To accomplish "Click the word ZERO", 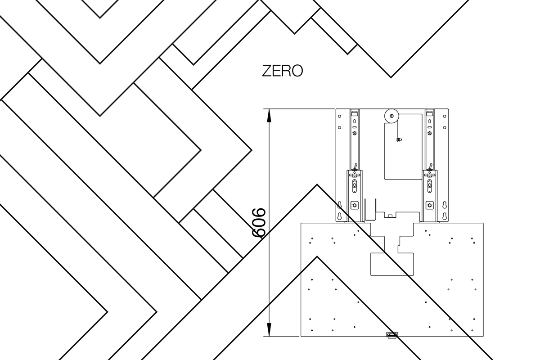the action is (282, 71).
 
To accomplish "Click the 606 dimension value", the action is (259, 223).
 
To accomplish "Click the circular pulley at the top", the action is (391, 116).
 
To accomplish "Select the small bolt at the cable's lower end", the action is (399, 139).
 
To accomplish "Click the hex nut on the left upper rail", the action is (355, 133).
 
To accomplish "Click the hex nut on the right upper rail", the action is (429, 133).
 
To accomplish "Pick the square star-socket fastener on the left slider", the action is (355, 205).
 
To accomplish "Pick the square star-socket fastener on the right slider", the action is (429, 205).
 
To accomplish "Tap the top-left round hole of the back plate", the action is (339, 116).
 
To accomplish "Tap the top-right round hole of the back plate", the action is (445, 116).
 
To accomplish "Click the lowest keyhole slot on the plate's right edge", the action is (445, 216).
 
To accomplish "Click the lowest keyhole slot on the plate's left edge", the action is (339, 216).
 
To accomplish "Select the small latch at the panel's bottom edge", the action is (392, 335).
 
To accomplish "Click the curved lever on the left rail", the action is (355, 166).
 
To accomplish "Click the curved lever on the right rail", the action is (430, 166).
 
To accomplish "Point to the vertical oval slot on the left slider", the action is (355, 186).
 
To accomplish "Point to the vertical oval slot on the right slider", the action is (429, 186).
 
